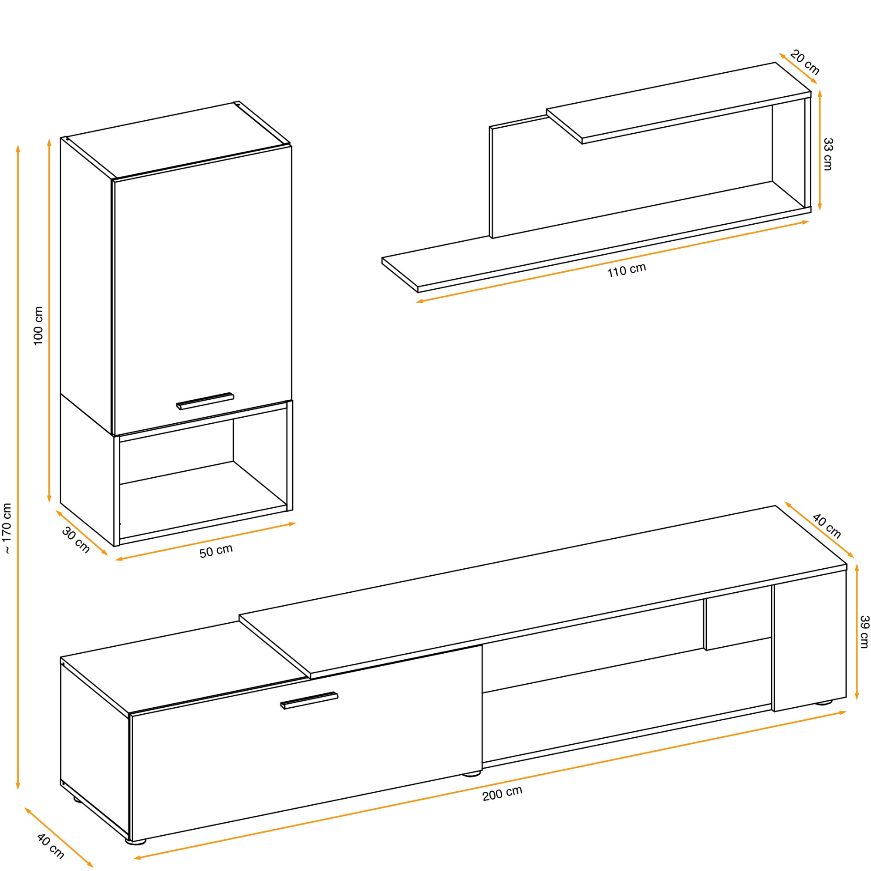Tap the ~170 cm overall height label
pos(7,528)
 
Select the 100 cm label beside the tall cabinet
pos(39,326)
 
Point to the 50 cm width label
pos(216,551)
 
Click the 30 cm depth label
pos(76,540)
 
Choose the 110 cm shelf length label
pos(627,270)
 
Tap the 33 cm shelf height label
pos(828,154)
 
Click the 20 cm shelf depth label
pos(805,63)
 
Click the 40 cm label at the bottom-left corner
pos(51,846)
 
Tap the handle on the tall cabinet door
pos(205,401)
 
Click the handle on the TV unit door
pos(309,700)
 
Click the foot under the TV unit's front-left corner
pos(136,841)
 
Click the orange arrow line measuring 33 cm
pos(820,150)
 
